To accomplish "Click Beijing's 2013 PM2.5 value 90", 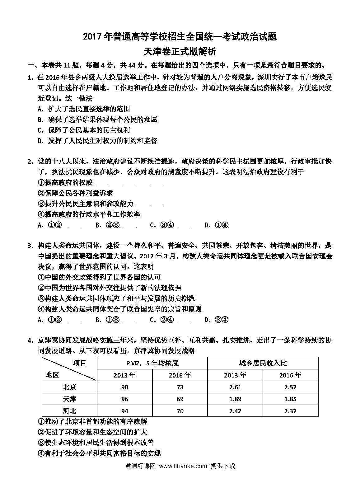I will tap(124, 387).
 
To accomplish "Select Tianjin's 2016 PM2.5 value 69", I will tap(180, 399).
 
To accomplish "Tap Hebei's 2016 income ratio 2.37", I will tap(290, 411).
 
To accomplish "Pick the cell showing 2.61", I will tap(235, 387).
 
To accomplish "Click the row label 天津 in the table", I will tap(69, 399).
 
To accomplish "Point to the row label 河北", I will tap(69, 411).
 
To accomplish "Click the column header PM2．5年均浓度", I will tap(152, 363).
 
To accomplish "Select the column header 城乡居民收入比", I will tap(263, 363).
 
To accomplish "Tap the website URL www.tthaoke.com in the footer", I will tap(183, 466).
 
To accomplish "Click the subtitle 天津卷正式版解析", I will tap(180, 51).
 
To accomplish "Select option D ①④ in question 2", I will tap(217, 225).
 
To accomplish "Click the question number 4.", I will tap(30, 341).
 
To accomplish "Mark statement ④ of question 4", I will tap(99, 453).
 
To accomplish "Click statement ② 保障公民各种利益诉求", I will tap(75, 193).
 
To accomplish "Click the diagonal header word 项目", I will tap(80, 363).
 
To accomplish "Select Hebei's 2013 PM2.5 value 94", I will tap(124, 411).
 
